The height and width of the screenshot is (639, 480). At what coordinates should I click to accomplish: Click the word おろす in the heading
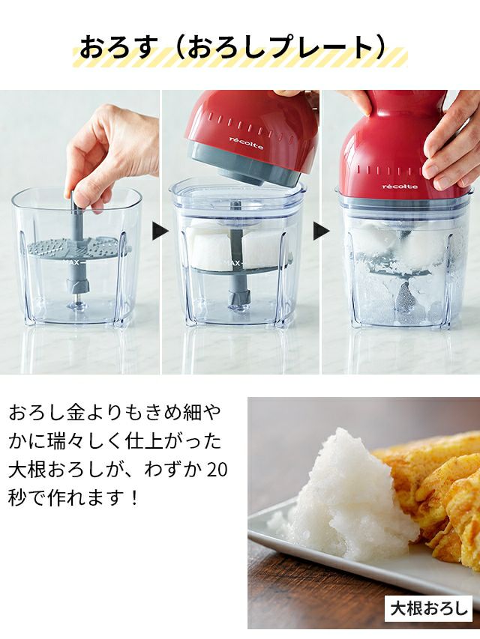coord(118,48)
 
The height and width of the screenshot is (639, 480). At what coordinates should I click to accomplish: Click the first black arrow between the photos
coord(160,231)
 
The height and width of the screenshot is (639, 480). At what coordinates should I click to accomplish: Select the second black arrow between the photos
coord(321,231)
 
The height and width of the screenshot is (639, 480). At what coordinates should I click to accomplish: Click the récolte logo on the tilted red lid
coord(246,143)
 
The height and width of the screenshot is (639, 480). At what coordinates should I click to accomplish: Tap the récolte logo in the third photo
coord(400,187)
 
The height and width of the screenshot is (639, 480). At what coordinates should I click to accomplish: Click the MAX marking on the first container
coord(71,263)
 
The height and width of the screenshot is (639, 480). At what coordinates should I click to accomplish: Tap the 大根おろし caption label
coord(428,609)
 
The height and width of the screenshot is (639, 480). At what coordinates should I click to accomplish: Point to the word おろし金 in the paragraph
coord(39,413)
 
